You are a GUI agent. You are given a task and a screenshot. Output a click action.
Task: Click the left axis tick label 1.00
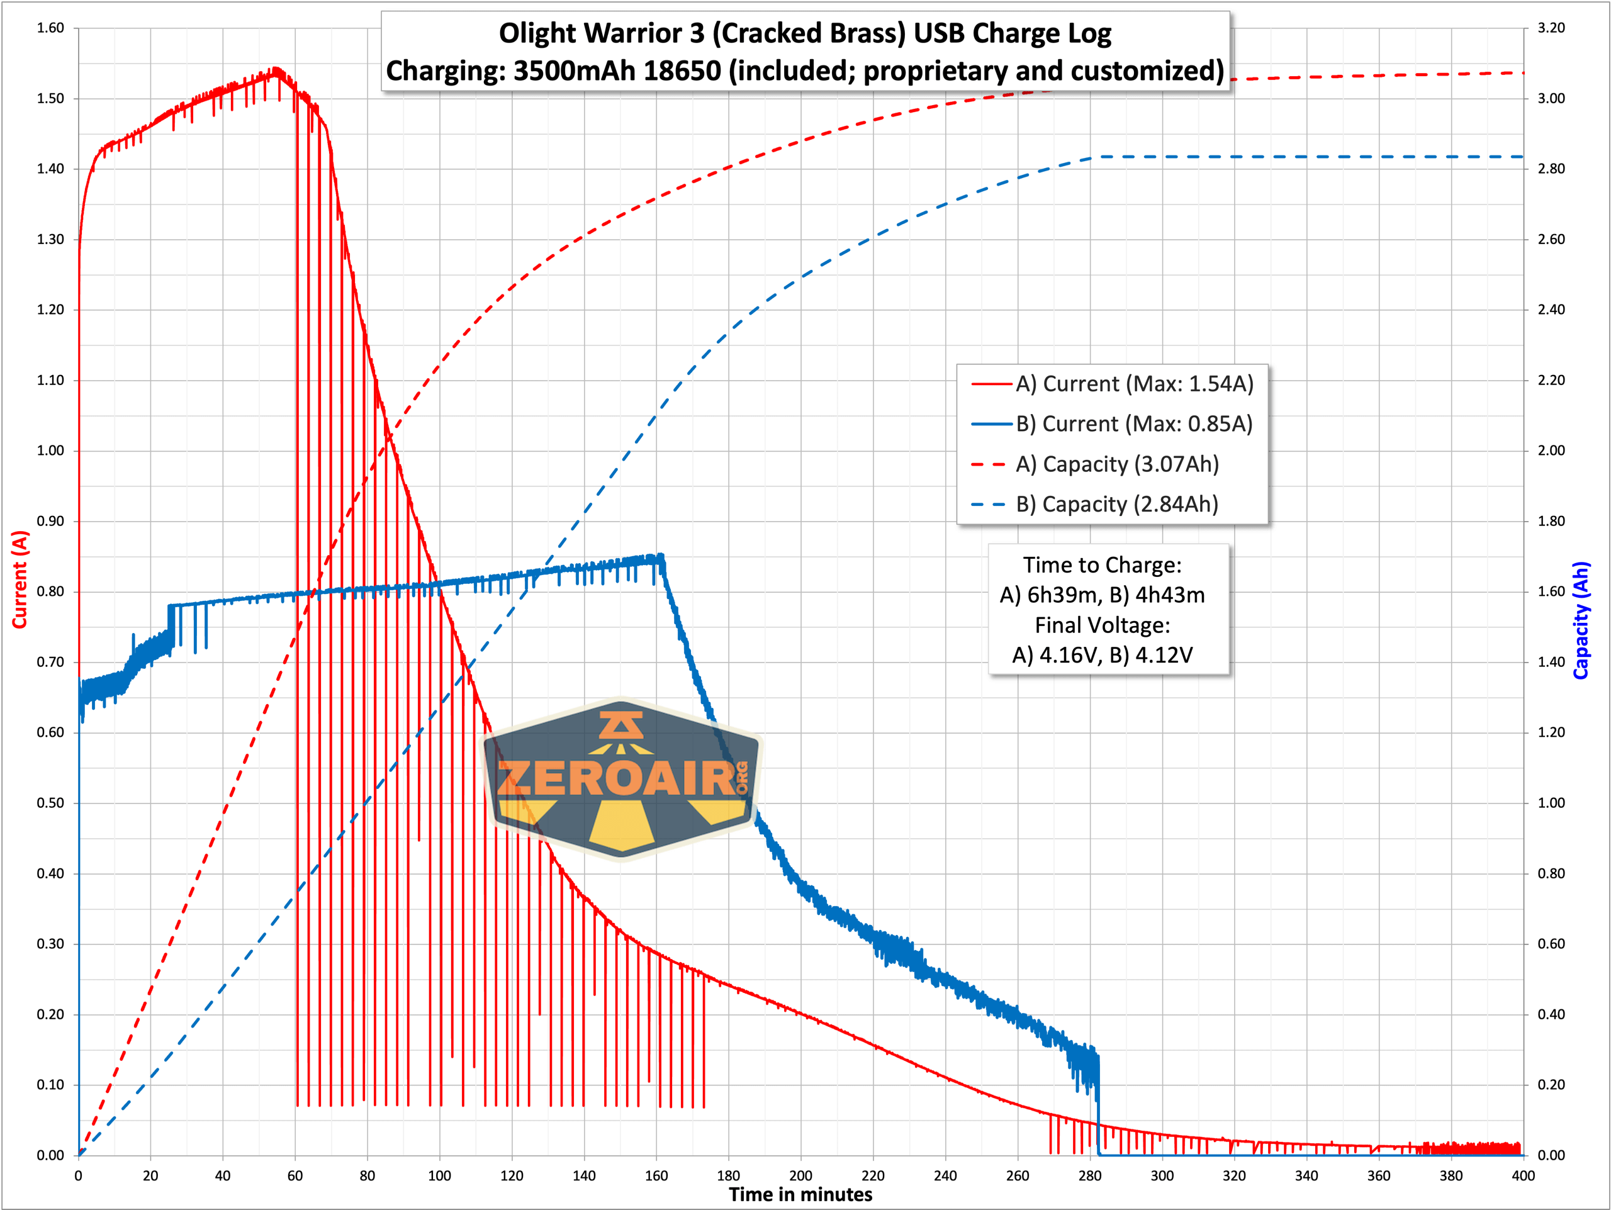pyautogui.click(x=50, y=451)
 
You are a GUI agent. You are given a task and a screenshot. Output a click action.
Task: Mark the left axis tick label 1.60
pyautogui.click(x=50, y=28)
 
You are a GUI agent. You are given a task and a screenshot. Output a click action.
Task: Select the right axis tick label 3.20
pyautogui.click(x=1551, y=28)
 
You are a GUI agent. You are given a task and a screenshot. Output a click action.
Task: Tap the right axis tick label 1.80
pyautogui.click(x=1551, y=521)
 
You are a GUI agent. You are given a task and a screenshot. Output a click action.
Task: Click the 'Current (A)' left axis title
pyautogui.click(x=20, y=580)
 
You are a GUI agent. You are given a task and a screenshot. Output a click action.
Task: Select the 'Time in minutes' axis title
pyautogui.click(x=800, y=1195)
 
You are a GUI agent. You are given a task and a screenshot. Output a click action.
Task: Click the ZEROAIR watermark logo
pyautogui.click(x=621, y=779)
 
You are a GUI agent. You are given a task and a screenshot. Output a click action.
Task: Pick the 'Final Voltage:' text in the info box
pyautogui.click(x=1102, y=625)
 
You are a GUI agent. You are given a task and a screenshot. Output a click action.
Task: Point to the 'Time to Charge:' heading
pyautogui.click(x=1102, y=565)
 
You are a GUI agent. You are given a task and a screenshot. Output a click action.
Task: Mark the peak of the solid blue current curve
pyautogui.click(x=660, y=557)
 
